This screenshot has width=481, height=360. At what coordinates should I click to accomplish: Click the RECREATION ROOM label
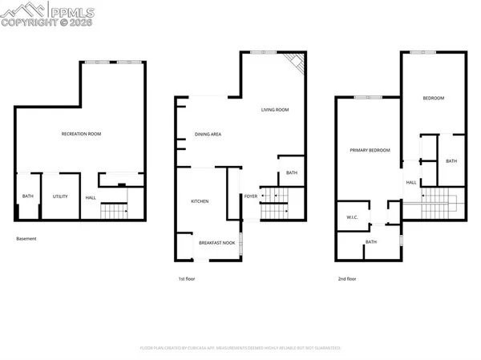click(x=81, y=134)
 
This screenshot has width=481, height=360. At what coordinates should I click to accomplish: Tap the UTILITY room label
click(x=60, y=196)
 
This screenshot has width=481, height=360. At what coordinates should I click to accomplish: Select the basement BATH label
click(x=28, y=196)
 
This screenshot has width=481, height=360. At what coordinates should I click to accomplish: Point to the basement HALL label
click(x=91, y=197)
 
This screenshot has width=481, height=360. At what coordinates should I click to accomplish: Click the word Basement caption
click(x=26, y=238)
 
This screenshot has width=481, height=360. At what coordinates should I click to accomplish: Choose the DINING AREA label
click(x=208, y=134)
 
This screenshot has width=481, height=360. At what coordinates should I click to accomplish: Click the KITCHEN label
click(x=199, y=200)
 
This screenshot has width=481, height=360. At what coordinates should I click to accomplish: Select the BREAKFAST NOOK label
click(x=217, y=243)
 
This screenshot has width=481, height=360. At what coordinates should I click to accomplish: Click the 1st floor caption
click(x=186, y=278)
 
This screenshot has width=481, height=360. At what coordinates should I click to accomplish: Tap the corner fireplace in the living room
click(x=296, y=63)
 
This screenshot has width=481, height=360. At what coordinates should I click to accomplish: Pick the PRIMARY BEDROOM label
click(x=370, y=150)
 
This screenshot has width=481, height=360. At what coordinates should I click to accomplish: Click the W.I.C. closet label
click(x=351, y=216)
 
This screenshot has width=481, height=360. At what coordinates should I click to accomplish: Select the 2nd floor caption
click(x=346, y=278)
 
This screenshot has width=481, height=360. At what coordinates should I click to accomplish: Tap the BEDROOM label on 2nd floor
click(x=434, y=98)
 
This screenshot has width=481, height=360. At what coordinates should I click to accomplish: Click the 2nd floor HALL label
click(x=410, y=183)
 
